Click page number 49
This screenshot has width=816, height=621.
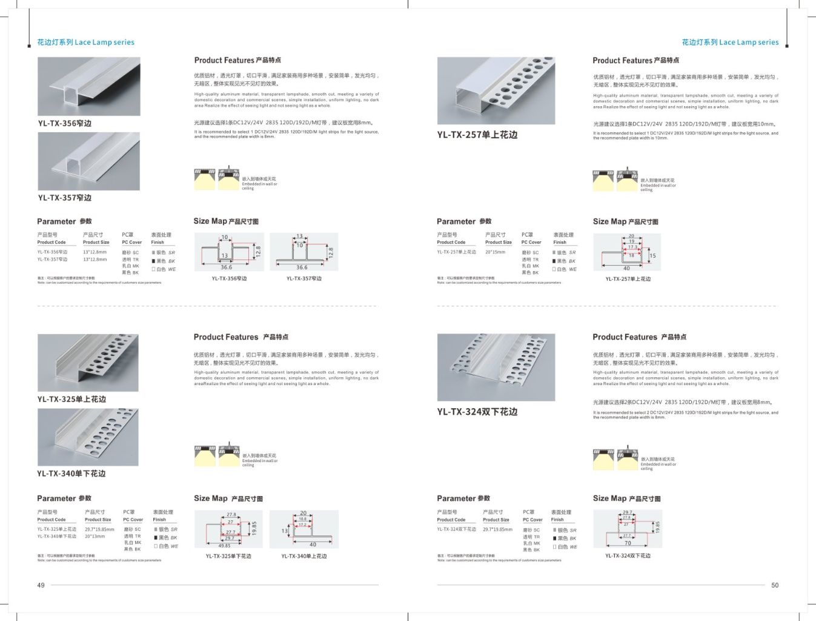tap(41, 585)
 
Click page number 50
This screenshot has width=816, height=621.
tap(775, 585)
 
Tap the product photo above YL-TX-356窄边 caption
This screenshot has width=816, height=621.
tap(89, 86)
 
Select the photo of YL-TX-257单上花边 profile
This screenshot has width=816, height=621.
tap(496, 90)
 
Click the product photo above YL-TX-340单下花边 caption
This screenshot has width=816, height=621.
tap(88, 437)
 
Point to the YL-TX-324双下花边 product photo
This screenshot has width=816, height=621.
tap(496, 367)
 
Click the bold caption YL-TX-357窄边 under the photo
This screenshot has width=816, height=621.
tap(65, 198)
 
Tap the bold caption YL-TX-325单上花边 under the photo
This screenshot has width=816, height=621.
tap(71, 399)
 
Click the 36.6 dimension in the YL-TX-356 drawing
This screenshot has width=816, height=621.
tap(226, 267)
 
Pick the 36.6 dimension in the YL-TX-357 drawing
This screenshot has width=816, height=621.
tap(302, 267)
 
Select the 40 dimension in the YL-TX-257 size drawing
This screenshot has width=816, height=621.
tap(626, 268)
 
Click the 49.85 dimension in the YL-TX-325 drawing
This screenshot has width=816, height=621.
tap(224, 546)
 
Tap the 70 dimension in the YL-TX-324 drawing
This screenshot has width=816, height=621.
tap(628, 543)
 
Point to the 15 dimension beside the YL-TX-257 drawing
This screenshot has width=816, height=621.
tap(652, 256)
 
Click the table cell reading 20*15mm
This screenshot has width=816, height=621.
tap(495, 252)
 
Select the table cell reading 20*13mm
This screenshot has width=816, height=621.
tap(95, 536)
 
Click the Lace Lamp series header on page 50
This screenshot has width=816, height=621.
tap(730, 42)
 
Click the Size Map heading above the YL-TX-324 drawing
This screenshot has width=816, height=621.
tap(626, 498)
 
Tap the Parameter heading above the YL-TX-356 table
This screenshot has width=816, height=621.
tap(64, 221)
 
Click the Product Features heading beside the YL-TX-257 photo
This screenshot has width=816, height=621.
tap(635, 61)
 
